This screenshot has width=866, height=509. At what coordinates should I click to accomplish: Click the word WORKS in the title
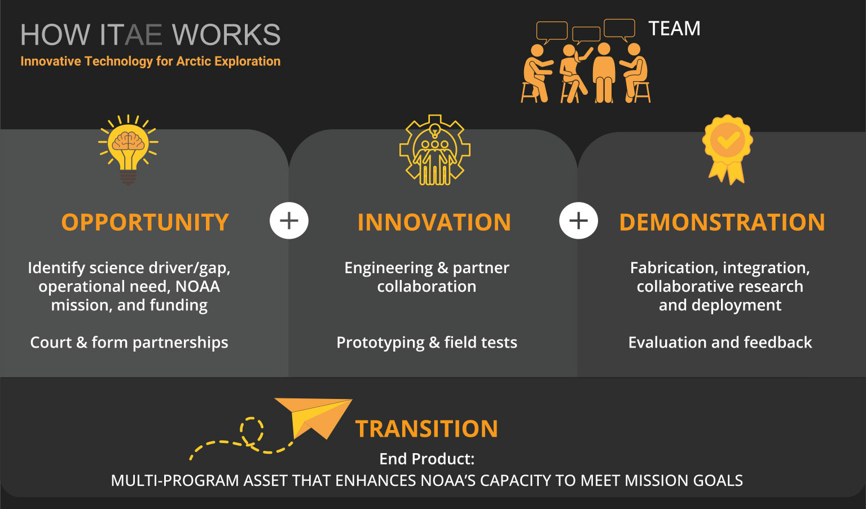[226, 35]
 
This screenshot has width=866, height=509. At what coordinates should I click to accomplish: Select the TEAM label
[674, 29]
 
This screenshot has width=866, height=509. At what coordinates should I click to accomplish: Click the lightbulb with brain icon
[128, 150]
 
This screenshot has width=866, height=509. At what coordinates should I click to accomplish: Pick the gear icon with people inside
[435, 150]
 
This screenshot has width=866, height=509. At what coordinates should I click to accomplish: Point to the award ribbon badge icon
[727, 150]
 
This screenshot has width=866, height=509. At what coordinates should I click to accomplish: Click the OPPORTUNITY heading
[145, 222]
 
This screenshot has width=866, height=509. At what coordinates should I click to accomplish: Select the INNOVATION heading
[434, 222]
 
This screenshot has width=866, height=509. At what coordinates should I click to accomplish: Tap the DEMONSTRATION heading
[722, 222]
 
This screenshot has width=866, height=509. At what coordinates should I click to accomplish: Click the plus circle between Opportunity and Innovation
[289, 221]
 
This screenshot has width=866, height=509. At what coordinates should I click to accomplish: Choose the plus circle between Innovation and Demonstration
[578, 221]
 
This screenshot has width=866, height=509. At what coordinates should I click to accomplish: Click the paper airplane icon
[313, 418]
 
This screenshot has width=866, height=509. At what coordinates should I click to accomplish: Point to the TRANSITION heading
[427, 428]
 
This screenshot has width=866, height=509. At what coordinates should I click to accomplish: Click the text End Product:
[427, 459]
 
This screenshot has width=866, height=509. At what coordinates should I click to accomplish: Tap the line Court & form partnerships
[129, 343]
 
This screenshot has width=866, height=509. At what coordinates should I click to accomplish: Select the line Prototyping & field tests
[427, 343]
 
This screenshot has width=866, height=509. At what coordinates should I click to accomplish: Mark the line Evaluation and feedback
[720, 343]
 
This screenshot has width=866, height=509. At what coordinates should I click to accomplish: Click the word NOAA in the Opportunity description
[197, 287]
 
